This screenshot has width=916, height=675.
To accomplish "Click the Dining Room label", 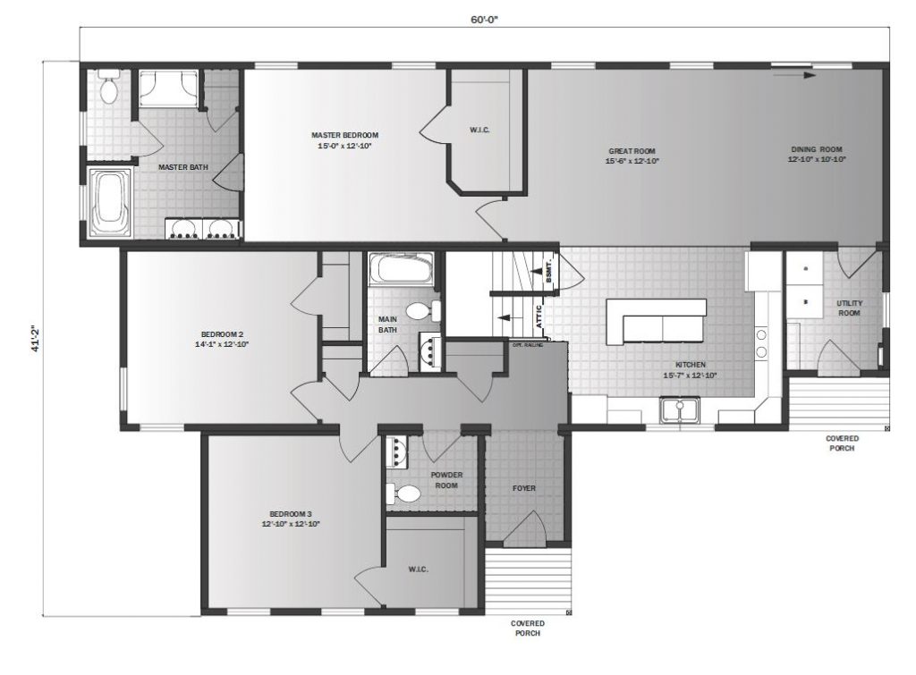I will pyautogui.click(x=817, y=148).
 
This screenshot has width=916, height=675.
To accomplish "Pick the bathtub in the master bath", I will pyautogui.click(x=111, y=200).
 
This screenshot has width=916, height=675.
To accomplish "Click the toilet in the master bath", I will pyautogui.click(x=109, y=88).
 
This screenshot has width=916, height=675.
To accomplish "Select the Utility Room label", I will pyautogui.click(x=849, y=308).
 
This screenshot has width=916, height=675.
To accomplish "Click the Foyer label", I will pyautogui.click(x=523, y=488).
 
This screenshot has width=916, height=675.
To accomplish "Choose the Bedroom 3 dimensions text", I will pyautogui.click(x=290, y=524).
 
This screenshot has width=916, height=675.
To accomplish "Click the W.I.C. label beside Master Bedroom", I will pyautogui.click(x=479, y=130).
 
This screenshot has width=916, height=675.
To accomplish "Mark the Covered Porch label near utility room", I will pyautogui.click(x=842, y=443).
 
